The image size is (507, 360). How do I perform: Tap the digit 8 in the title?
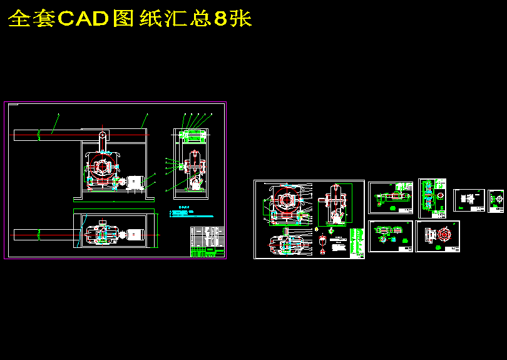point(220,19)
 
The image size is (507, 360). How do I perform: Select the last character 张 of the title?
point(240,19)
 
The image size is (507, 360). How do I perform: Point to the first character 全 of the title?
point(19,19)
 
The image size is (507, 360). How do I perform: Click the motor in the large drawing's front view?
point(135,182)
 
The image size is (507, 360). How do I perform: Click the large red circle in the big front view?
point(101,167)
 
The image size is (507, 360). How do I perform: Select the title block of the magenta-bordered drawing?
point(207,242)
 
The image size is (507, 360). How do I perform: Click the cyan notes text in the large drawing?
point(194,213)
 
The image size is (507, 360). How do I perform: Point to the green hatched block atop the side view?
point(193,135)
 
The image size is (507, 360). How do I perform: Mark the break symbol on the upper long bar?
point(39,134)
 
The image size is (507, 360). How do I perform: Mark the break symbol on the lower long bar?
point(39,234)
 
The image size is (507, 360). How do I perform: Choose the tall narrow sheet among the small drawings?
point(432,198)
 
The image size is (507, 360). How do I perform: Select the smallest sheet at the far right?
point(496,201)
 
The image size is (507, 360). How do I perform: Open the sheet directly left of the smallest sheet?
point(469,200)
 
